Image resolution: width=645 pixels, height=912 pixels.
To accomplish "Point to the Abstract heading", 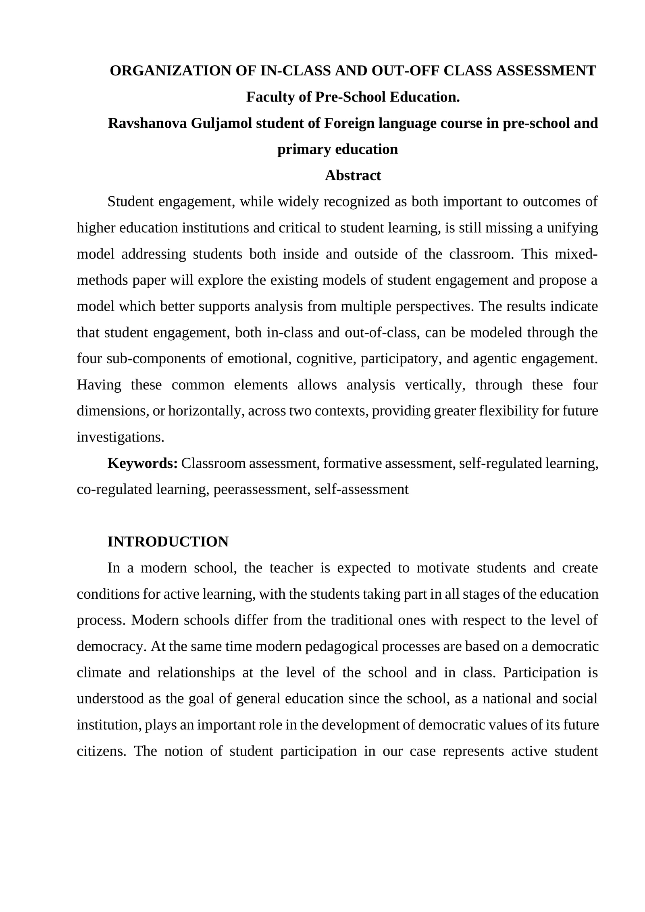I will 352,176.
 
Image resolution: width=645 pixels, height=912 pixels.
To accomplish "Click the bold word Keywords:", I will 142,464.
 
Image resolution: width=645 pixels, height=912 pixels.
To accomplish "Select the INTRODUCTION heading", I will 168,542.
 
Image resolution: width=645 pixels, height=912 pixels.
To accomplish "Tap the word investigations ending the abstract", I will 120,437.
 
